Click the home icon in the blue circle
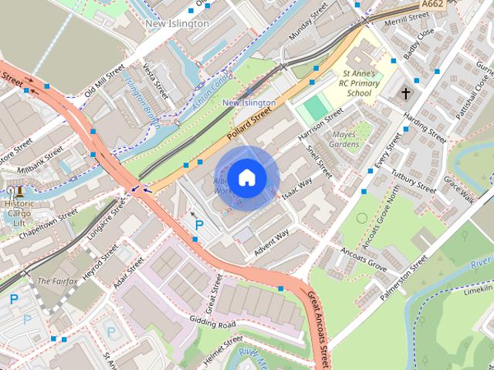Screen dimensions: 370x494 coord(246,178)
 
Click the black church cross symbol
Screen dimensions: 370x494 coord(406,93)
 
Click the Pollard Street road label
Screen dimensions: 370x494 coord(254,123)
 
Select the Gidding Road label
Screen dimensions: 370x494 coord(215,325)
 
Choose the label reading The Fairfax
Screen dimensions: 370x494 coord(57,281)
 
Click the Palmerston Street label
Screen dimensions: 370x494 coord(408,273)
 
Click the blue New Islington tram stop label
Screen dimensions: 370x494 coord(249,103)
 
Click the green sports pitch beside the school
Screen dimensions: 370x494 coord(315,106)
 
